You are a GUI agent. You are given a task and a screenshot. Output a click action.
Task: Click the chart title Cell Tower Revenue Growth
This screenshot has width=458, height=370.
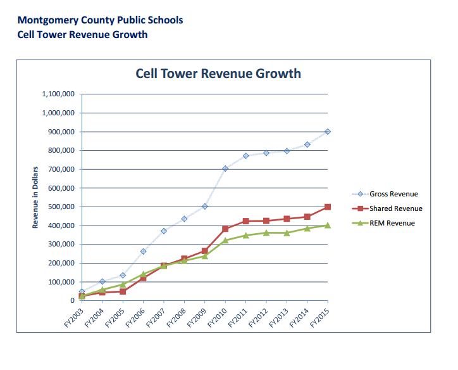point(218,73)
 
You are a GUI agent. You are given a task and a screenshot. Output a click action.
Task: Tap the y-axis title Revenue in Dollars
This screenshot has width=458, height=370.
point(35,198)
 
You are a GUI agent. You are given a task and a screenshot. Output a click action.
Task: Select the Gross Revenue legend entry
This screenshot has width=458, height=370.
point(385,194)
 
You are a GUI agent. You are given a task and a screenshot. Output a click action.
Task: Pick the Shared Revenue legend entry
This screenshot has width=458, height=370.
point(387,208)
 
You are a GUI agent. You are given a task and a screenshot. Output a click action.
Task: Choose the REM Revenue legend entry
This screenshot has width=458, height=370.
point(383,223)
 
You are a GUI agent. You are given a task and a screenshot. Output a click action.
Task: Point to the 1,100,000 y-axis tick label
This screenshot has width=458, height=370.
point(58,94)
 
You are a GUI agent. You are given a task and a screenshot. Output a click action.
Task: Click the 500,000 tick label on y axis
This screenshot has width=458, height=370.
point(61,207)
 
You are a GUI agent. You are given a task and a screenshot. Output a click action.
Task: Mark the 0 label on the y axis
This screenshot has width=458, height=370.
point(73,301)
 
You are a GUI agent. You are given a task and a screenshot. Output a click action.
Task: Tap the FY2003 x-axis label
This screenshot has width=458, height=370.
point(74,317)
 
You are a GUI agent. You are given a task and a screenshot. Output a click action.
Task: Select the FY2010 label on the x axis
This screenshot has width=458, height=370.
point(218,317)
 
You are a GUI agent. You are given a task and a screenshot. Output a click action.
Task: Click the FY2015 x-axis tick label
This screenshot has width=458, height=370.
point(319,317)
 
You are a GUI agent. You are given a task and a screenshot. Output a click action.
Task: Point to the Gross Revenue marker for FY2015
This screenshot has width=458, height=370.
point(328,132)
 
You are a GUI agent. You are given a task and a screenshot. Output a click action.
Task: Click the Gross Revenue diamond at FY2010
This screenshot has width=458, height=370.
point(225,169)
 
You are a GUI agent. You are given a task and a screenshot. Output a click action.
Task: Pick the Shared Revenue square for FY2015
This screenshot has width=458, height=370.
point(328,207)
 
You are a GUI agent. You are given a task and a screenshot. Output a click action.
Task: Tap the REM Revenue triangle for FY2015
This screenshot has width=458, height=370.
point(328,225)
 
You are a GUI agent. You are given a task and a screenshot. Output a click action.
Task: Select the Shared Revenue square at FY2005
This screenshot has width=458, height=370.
point(123,291)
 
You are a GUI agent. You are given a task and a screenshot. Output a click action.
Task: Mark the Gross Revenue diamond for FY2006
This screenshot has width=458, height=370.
point(143,252)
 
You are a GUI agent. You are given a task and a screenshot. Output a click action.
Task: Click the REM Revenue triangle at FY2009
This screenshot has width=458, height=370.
point(205,256)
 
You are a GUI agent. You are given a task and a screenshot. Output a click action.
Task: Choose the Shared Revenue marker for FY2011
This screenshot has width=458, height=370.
point(245,221)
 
